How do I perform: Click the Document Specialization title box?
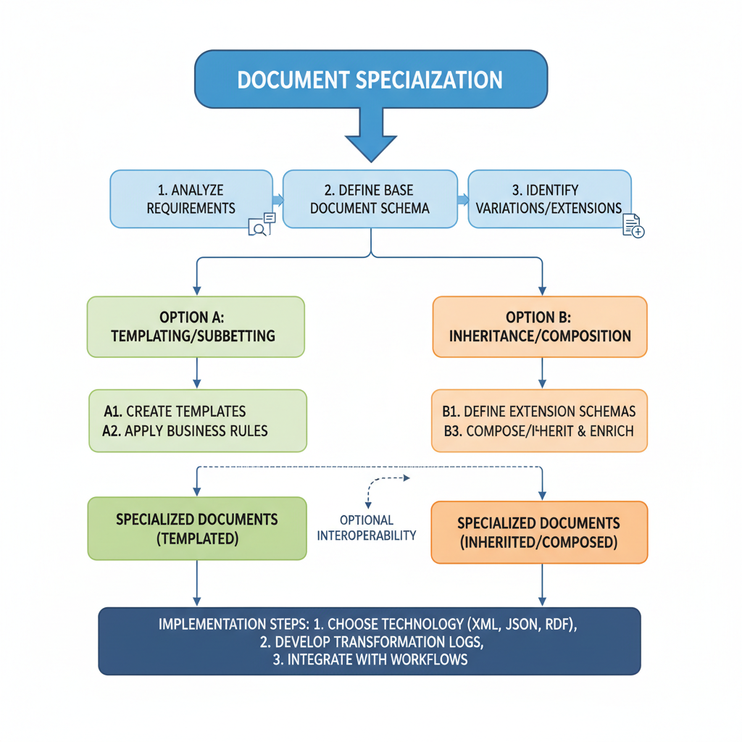pyautogui.click(x=370, y=79)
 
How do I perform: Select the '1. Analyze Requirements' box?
pyautogui.click(x=191, y=199)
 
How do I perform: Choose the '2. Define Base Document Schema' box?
pyautogui.click(x=370, y=199)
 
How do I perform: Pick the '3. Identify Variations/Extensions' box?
pyautogui.click(x=549, y=199)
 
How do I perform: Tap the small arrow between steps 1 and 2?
pyautogui.click(x=277, y=199)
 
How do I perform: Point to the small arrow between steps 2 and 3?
pyautogui.click(x=462, y=199)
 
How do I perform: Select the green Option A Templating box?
pyautogui.click(x=196, y=326)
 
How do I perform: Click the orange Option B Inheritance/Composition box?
pyautogui.click(x=539, y=326)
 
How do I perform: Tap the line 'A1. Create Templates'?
pyautogui.click(x=175, y=412)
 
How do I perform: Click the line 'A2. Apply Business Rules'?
pyautogui.click(x=185, y=430)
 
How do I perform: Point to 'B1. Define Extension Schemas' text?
pyautogui.click(x=538, y=412)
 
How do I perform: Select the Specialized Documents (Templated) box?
pyautogui.click(x=196, y=528)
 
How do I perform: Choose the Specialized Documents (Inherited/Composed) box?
pyautogui.click(x=539, y=532)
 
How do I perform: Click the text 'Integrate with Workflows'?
pyautogui.click(x=377, y=659)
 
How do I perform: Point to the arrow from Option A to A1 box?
pyautogui.click(x=196, y=374)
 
